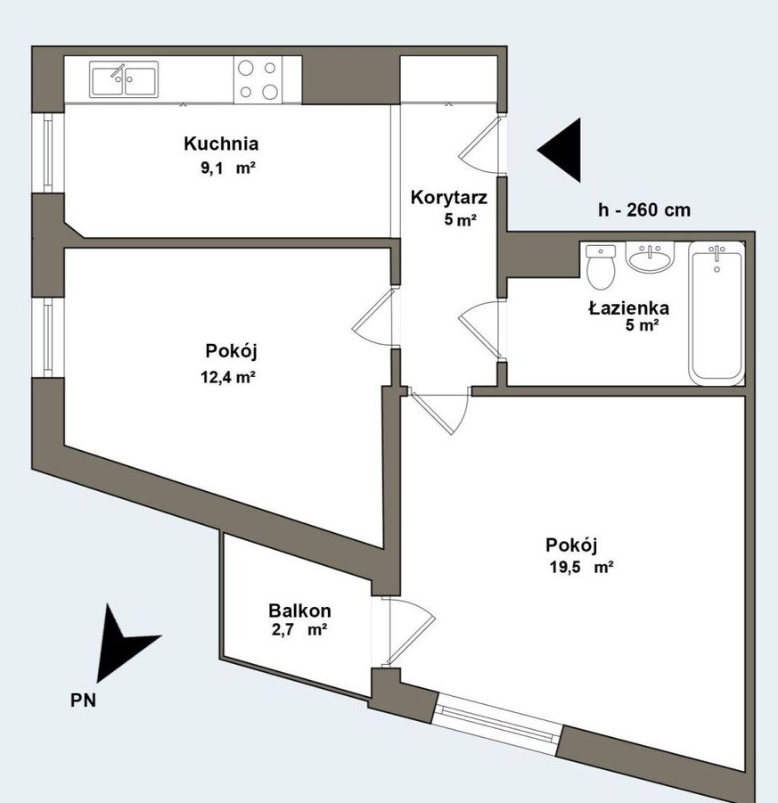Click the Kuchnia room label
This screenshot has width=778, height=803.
tap(221, 143)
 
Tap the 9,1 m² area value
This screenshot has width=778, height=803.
tap(228, 168)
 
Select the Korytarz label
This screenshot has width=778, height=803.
tap(448, 198)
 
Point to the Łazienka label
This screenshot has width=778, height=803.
tap(628, 307)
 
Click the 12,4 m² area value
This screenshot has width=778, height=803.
tap(228, 377)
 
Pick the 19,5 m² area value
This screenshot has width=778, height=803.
tap(581, 568)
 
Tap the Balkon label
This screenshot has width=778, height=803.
tap(299, 610)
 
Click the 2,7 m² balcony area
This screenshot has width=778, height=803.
tap(299, 629)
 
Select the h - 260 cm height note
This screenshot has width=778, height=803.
tap(644, 210)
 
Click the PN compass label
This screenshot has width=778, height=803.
tap(83, 701)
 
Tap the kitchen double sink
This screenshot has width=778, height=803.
tap(124, 79)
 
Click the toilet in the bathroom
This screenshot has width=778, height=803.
tap(601, 266)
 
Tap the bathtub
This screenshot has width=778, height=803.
tap(716, 314)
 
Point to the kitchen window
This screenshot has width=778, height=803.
tap(47, 152)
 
